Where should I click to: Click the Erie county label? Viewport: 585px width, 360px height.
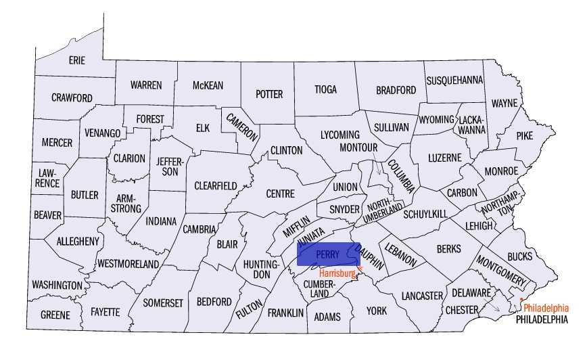77,61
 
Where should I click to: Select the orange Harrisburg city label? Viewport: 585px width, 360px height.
337,273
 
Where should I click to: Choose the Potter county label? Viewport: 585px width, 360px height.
268,95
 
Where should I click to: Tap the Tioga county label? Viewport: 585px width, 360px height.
325,89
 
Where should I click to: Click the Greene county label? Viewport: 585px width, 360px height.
55,315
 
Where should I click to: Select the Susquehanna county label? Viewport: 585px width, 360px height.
454,81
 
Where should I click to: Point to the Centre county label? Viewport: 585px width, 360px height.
280,194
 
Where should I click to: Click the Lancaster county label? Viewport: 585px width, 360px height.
421,296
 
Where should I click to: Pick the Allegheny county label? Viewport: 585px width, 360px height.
78,241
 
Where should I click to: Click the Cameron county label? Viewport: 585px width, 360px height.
241,125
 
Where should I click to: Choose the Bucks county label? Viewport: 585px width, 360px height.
519,256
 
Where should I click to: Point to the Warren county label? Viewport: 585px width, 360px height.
146,85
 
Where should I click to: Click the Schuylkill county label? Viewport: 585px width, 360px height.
425,214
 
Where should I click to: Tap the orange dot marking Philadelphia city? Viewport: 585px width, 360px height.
521,299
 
